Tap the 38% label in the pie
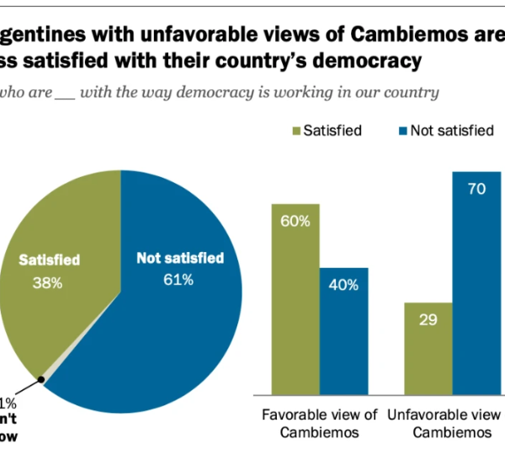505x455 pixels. [47, 283]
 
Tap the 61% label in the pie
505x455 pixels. [178, 279]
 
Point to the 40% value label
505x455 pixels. [343, 284]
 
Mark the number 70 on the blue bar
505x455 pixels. [477, 190]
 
